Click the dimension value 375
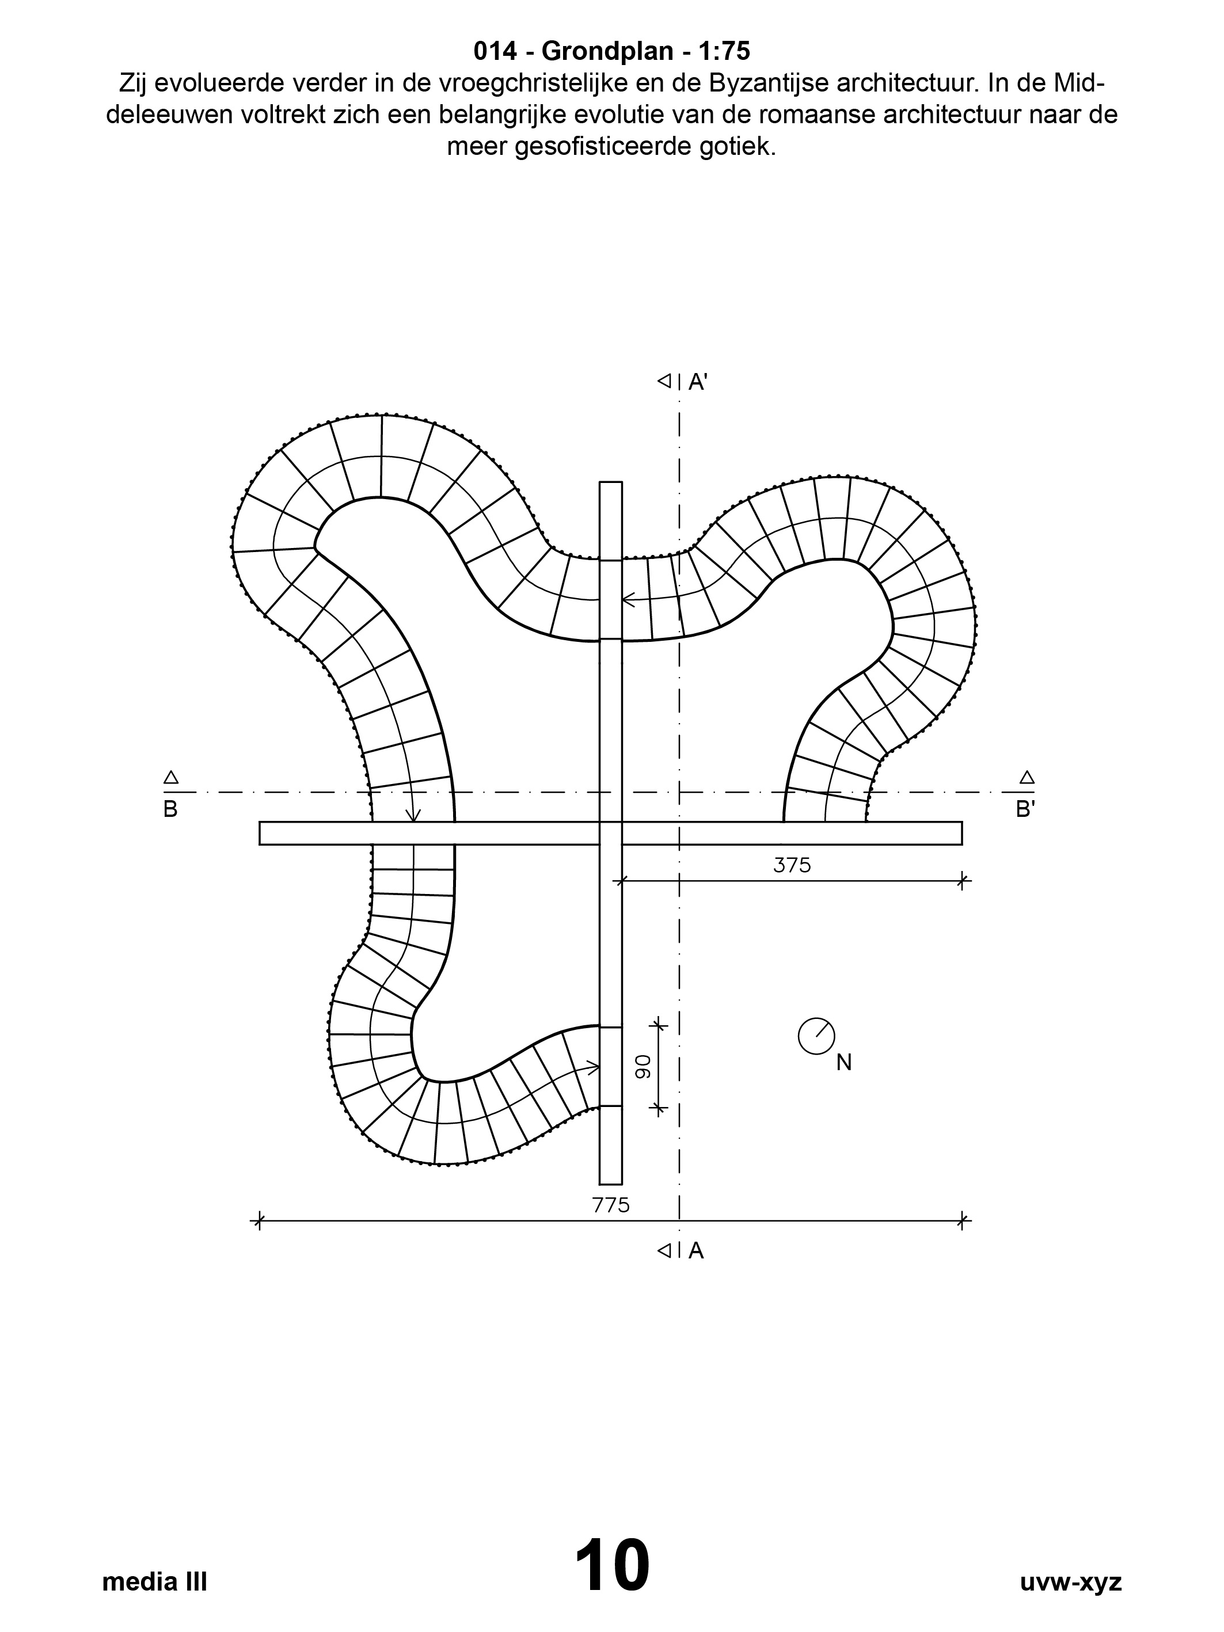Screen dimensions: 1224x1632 point(792,865)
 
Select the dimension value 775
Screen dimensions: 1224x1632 point(611,1205)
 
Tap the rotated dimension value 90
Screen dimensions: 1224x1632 point(643,1066)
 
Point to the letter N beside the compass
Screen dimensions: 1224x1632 point(844,1063)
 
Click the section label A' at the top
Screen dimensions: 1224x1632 point(698,382)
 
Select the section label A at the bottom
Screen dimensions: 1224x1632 point(695,1251)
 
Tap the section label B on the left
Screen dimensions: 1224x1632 point(170,810)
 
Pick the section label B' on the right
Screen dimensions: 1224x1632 point(1025,810)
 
